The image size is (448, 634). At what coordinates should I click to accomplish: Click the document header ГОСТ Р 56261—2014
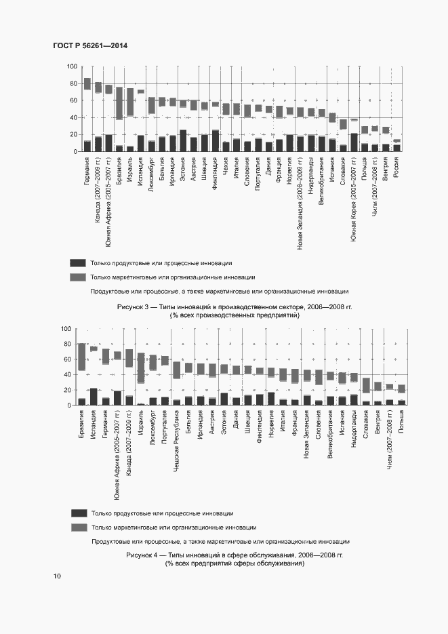point(90,45)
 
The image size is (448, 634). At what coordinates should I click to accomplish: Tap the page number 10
point(57,576)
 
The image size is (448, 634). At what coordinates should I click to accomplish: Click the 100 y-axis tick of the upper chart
point(72,66)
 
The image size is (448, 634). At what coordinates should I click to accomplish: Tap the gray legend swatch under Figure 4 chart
point(79,527)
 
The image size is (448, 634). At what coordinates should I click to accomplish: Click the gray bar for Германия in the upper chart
point(87,83)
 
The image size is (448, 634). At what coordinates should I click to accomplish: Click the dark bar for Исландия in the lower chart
point(94,397)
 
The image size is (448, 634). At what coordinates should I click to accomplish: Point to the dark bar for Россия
point(397,148)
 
